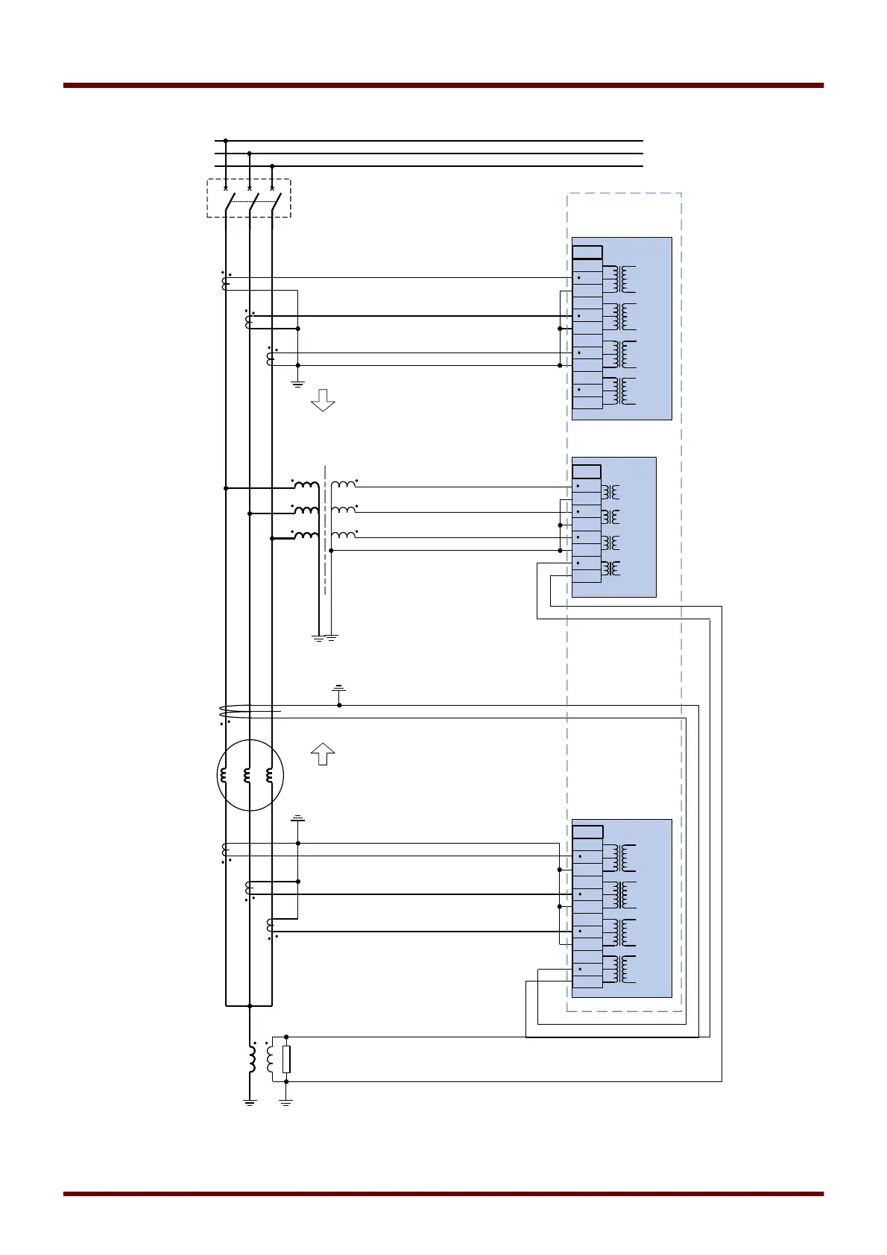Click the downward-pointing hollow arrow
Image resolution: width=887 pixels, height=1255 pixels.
323,400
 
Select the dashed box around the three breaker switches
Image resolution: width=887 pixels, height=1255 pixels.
248,198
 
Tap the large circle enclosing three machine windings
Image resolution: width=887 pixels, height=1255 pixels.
250,775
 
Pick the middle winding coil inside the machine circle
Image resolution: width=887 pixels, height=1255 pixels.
247,775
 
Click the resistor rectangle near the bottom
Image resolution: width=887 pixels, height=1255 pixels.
286,1059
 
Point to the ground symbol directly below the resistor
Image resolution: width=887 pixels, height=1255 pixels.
286,1101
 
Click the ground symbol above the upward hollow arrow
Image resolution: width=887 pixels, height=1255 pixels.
298,819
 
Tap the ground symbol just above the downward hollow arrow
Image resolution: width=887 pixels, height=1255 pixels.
298,384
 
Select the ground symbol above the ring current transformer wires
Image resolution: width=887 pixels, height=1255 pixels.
339,687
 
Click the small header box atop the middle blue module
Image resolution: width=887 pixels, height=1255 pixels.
587,472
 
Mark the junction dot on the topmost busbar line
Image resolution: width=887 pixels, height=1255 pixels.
226,140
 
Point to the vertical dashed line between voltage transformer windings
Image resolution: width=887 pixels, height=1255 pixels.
326,529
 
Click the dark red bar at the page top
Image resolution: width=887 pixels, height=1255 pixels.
443,86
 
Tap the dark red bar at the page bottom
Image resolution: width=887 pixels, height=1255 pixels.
443,1194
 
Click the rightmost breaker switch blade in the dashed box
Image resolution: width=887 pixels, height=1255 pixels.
275,201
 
